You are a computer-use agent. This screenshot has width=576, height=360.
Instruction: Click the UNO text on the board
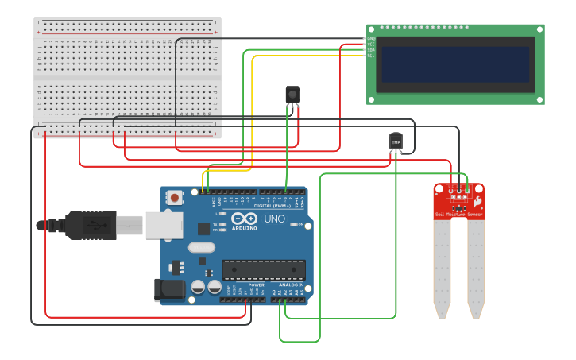pyautogui.click(x=274, y=219)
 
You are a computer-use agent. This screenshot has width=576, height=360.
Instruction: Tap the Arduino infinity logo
pyautogui.click(x=245, y=218)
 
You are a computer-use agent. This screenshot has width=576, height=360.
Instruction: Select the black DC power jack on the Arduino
pyautogui.click(x=168, y=289)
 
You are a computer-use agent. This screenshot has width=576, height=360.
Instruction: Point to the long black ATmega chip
pyautogui.click(x=263, y=270)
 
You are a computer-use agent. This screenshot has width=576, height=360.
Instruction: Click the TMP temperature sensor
pyautogui.click(x=396, y=141)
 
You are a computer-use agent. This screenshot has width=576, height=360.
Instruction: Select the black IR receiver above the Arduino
pyautogui.click(x=292, y=95)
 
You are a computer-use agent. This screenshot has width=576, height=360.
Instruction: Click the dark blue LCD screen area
pyautogui.click(x=454, y=64)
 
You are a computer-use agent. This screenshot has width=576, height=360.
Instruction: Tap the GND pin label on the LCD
pyautogui.click(x=371, y=38)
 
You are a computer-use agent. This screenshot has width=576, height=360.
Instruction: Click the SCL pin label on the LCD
pyautogui.click(x=371, y=56)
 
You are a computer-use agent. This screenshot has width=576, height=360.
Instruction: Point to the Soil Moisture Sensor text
pyautogui.click(x=458, y=215)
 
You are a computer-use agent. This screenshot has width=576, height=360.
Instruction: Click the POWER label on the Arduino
pyautogui.click(x=256, y=285)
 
